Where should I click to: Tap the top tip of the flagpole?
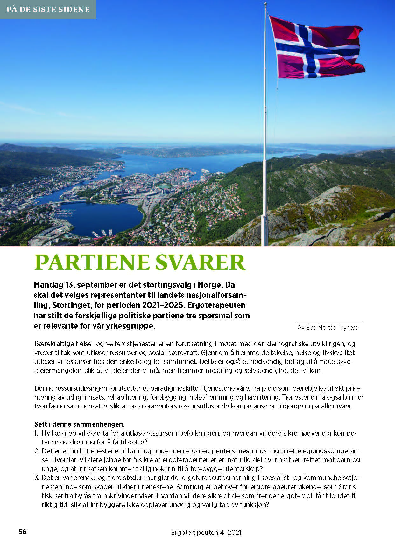coord(265,3)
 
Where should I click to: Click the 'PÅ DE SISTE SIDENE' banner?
coord(48,9)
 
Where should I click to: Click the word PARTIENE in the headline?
coord(92,262)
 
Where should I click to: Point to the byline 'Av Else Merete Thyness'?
coord(328,328)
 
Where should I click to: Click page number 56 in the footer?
coord(22,532)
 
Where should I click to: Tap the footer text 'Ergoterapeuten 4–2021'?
coord(206,533)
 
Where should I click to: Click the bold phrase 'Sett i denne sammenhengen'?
coord(78,424)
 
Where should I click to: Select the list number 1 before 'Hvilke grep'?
coord(36,433)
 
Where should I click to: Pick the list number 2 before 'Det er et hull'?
coord(36,451)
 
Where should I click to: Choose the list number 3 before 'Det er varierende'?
coord(36,478)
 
